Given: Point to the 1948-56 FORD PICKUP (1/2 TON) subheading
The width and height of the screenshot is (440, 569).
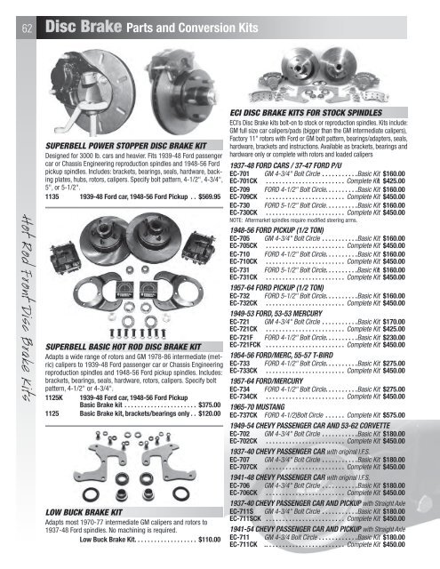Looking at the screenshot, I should (288, 228).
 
